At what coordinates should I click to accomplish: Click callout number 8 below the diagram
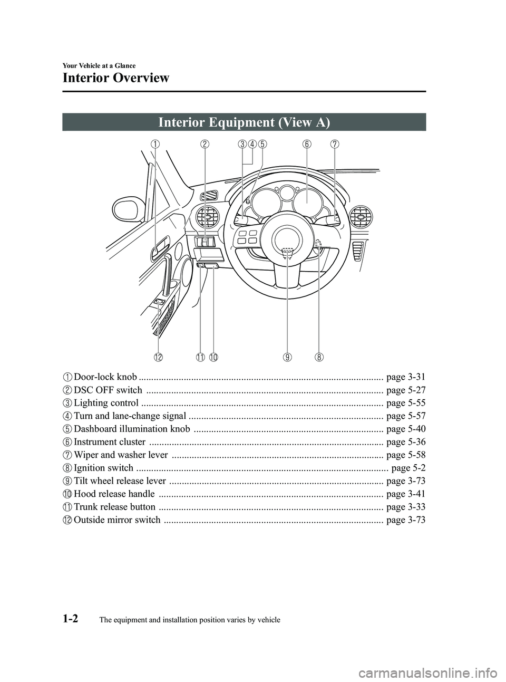(x=319, y=357)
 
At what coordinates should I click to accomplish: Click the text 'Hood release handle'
(x=114, y=494)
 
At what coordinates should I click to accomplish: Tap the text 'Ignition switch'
(x=103, y=468)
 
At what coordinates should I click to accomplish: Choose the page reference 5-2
(x=409, y=468)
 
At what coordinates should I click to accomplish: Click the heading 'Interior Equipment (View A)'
(x=244, y=122)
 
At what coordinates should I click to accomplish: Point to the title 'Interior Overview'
(x=116, y=78)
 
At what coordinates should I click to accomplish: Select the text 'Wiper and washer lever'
(x=121, y=455)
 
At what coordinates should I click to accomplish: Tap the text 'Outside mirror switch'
(x=117, y=520)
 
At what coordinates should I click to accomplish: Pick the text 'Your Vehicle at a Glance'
(x=99, y=65)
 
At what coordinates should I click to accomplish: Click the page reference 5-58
(x=405, y=455)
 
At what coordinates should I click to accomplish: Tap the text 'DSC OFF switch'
(x=108, y=390)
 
